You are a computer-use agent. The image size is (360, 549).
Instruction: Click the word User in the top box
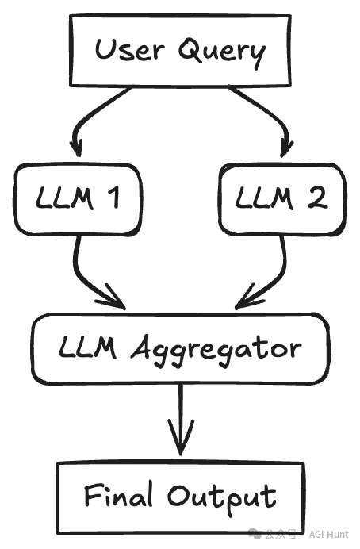pos(129,50)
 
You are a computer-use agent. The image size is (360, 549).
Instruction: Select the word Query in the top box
pos(222,52)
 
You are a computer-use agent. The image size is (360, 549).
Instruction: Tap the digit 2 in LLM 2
pos(318,198)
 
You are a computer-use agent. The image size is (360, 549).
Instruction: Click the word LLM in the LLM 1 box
pos(65,198)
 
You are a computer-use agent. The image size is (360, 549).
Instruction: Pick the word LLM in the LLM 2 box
pos(264,198)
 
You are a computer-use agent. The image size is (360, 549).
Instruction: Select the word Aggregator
pos(216,351)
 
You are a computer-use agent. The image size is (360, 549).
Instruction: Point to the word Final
pos(119,494)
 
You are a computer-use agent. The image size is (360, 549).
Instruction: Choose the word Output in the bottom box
pos(222,497)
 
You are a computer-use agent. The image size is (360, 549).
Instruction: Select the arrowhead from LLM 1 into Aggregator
pos(111,298)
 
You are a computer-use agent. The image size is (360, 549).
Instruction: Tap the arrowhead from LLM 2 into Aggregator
pos(250,297)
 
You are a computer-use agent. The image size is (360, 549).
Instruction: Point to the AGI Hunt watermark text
pos(328,534)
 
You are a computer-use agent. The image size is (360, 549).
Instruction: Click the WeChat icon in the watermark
pos(255,534)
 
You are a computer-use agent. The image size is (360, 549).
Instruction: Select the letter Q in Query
pos(191,50)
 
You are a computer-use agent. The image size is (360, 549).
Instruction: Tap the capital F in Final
pos(94,494)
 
